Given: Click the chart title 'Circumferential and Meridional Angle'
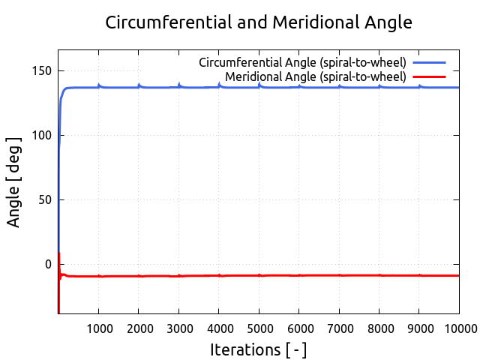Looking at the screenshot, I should point(259,22).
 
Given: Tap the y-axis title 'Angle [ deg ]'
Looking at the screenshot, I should point(14,182).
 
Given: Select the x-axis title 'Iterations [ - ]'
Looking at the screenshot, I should point(259,349).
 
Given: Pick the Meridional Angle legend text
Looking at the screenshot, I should point(315,76).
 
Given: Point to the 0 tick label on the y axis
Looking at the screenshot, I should point(48,264).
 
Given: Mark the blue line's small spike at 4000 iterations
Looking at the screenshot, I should point(219,85).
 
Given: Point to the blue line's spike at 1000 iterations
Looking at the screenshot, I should point(99,85).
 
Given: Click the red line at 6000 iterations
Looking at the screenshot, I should point(299,275).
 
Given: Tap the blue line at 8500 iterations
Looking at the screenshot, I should point(399,88).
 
